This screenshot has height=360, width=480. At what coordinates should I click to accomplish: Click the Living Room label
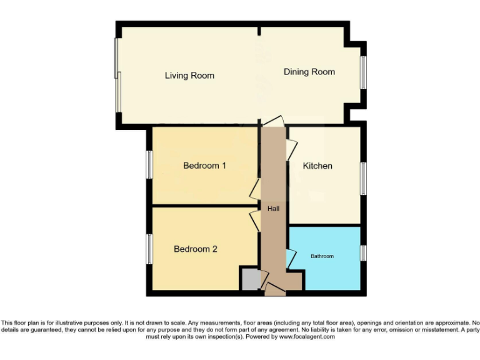tap(189, 76)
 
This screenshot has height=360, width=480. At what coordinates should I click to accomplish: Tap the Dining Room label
tap(309, 72)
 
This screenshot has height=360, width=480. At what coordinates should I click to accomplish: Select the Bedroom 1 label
tap(204, 166)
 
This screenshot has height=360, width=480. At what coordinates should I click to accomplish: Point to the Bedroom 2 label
tap(196, 249)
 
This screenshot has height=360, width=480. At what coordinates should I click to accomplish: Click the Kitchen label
tap(317, 166)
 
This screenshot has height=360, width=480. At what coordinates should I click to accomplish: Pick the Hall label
tap(273, 208)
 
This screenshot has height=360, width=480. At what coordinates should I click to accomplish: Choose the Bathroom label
tap(322, 256)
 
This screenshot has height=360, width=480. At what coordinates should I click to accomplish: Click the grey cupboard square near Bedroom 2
tap(249, 279)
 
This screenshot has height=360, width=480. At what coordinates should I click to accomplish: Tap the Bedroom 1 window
tap(150, 164)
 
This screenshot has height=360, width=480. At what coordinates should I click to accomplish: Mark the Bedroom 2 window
tap(150, 248)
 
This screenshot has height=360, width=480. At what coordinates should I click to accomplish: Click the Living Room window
tap(117, 76)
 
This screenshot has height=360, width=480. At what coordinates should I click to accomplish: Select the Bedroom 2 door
tap(255, 221)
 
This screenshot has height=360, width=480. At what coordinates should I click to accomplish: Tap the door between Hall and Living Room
tap(273, 121)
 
